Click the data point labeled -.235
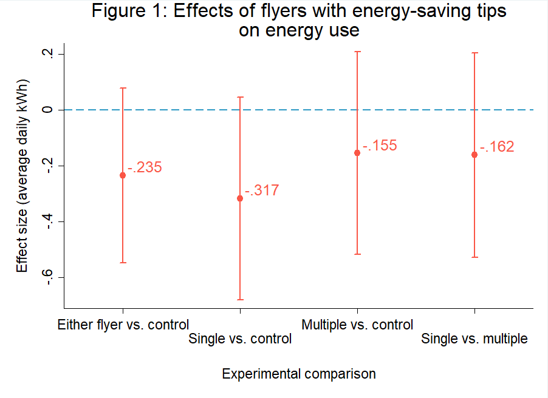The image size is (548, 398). [x=123, y=175]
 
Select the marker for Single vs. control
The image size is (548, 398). [x=240, y=198]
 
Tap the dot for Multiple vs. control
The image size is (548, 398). [x=357, y=153]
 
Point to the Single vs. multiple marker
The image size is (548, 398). [x=474, y=155]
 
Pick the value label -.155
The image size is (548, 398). [x=380, y=146]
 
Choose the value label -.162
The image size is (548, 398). [x=497, y=147]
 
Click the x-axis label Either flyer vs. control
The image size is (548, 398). [x=123, y=325]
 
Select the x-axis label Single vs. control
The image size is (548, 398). [x=240, y=339]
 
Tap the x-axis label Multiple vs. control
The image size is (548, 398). [x=357, y=325]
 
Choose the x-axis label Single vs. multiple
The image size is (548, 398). [x=474, y=339]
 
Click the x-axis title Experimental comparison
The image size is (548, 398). [x=299, y=374]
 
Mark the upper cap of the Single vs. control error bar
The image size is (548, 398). [x=240, y=97]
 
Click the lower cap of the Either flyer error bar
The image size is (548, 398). [x=123, y=263]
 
